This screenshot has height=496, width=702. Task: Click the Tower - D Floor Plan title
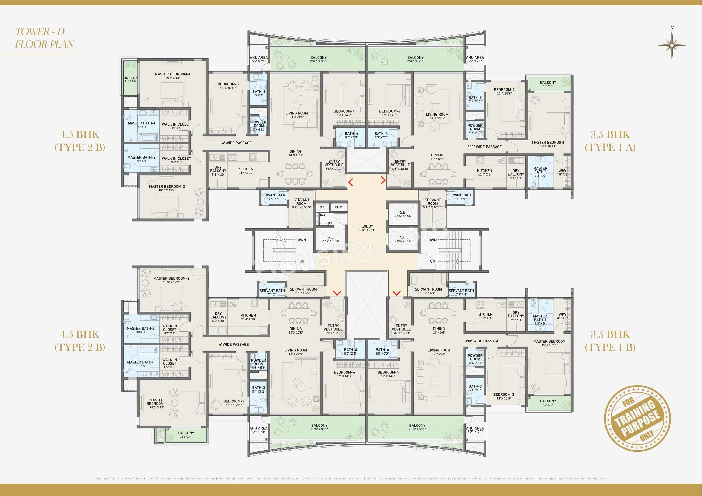click(x=44, y=38)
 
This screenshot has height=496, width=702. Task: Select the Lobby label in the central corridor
click(x=367, y=228)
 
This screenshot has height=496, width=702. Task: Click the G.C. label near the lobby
click(x=323, y=207)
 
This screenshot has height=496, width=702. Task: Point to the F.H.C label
click(x=338, y=207)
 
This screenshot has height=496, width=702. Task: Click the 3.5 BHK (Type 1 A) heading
click(x=610, y=141)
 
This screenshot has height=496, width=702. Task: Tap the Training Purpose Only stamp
click(x=637, y=418)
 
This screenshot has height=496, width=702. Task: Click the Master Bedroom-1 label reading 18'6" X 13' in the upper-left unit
click(x=172, y=76)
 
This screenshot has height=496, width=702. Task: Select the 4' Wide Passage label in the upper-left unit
click(x=237, y=143)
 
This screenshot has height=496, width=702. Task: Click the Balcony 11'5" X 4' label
click(x=186, y=435)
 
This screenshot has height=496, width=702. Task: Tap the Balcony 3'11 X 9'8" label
click(x=130, y=80)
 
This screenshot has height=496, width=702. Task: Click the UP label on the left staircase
click(x=302, y=261)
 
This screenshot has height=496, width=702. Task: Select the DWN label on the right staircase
click(x=432, y=240)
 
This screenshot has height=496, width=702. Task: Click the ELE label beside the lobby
click(x=323, y=215)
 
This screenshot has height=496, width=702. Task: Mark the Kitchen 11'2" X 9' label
click(x=485, y=316)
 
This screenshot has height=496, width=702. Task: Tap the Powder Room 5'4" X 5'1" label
click(x=258, y=364)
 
